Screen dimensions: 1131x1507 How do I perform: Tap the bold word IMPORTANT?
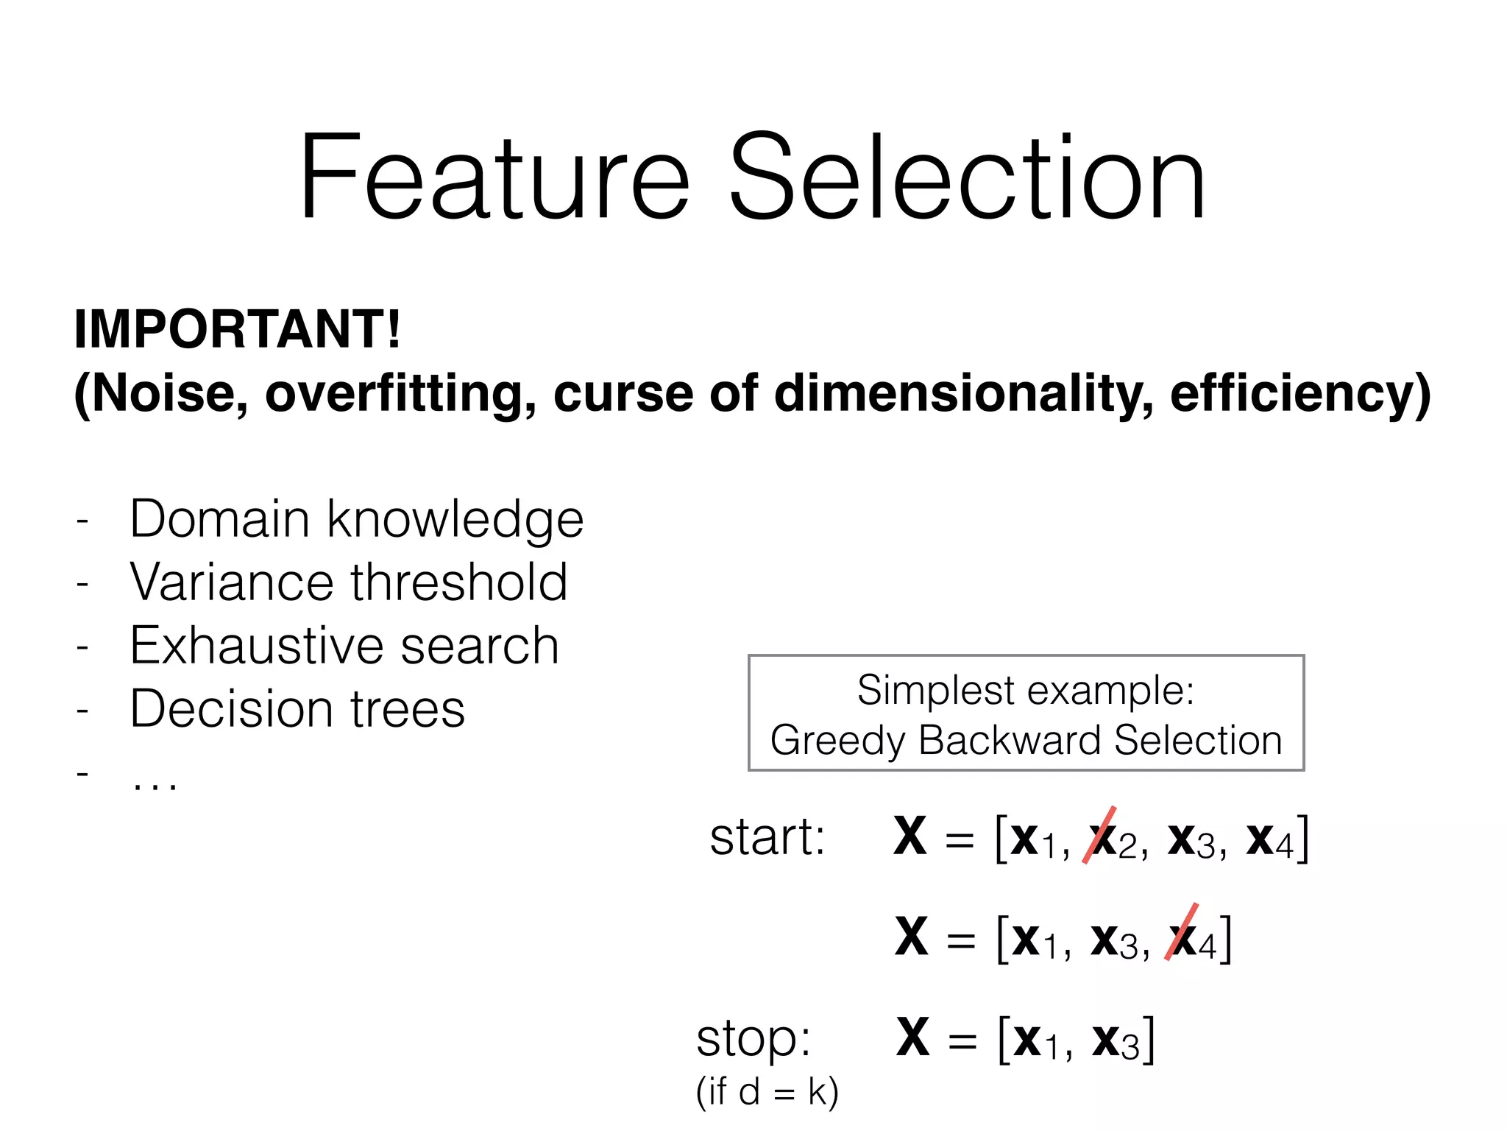pos(238,329)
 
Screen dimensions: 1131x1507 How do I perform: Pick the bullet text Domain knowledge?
pos(356,519)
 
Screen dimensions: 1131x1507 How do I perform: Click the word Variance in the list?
pos(232,582)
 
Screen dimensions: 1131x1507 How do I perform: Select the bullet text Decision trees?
pos(297,709)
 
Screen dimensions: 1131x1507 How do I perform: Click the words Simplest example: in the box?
pos(1026,691)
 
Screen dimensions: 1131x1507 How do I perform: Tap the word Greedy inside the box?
pos(837,740)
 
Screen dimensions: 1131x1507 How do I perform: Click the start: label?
pos(767,837)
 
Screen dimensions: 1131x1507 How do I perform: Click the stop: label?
pos(753,1038)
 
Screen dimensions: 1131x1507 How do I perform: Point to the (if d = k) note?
pos(767,1091)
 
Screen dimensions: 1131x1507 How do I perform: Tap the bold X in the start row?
pos(910,836)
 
